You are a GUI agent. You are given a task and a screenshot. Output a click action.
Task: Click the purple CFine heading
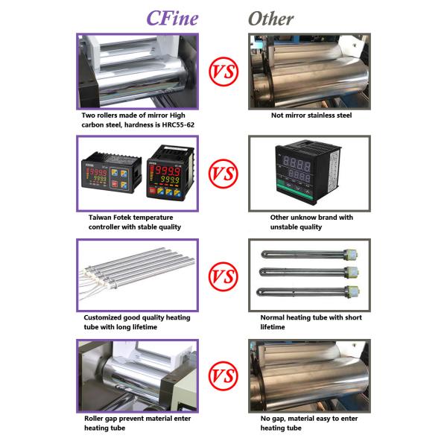tap(172, 19)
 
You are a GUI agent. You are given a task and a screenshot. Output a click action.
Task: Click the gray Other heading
tap(271, 19)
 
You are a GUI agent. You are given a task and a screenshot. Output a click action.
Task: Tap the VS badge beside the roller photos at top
tap(223, 72)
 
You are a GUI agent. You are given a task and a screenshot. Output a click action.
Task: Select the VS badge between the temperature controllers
tap(223, 174)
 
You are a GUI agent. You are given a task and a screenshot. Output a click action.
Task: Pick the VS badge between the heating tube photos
tap(223, 276)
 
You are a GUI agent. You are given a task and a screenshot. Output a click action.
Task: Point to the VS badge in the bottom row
tap(223, 375)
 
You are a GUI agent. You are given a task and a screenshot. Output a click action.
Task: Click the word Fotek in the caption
tap(122, 218)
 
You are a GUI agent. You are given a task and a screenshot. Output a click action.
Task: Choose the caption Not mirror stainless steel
tap(311, 115)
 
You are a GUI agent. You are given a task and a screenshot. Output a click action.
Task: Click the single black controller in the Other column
tap(307, 172)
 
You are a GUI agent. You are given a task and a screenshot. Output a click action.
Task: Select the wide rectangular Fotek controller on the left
tap(112, 173)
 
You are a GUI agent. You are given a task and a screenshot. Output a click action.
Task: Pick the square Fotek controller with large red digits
tap(171, 173)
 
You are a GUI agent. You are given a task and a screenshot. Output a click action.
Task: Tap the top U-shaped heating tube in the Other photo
tap(310, 254)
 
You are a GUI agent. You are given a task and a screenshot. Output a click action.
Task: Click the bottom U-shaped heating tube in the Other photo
tap(308, 292)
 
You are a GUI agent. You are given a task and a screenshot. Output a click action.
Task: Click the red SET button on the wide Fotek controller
tap(115, 184)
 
